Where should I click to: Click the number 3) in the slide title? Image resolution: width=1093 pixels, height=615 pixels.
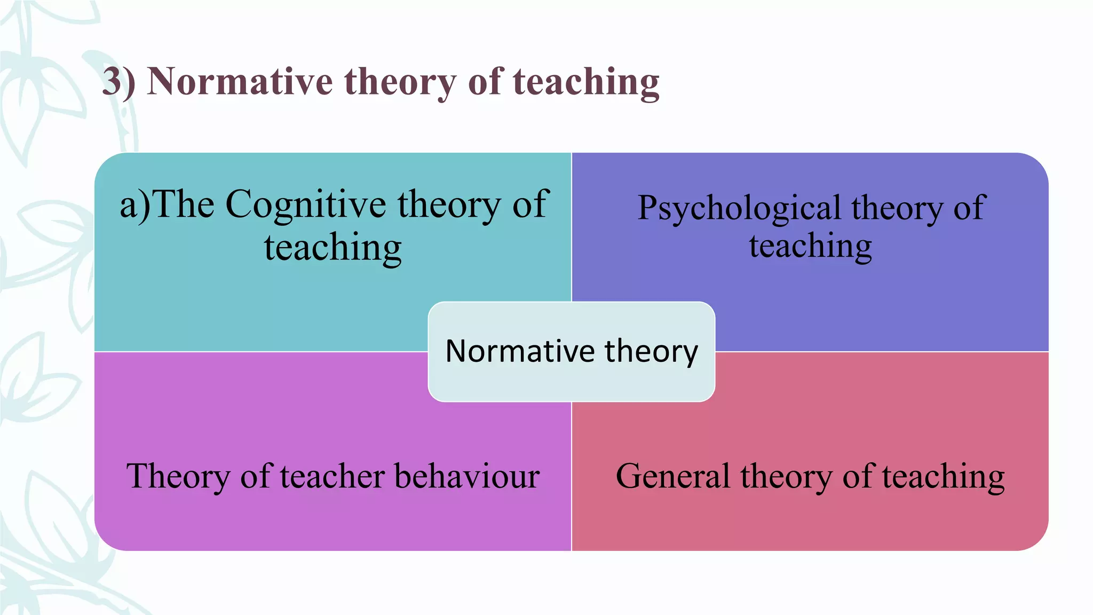[118, 82]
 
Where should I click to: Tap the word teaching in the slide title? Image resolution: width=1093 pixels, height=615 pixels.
[586, 82]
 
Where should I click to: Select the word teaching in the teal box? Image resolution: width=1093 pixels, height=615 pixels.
[332, 248]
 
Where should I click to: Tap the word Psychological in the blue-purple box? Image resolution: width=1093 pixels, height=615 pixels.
[739, 208]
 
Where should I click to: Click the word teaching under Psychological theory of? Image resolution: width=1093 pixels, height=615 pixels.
[810, 247]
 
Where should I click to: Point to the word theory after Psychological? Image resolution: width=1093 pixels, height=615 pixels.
[897, 208]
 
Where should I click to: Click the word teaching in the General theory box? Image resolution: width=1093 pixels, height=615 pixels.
[943, 477]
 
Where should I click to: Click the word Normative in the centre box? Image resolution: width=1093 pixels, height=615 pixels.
[520, 351]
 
